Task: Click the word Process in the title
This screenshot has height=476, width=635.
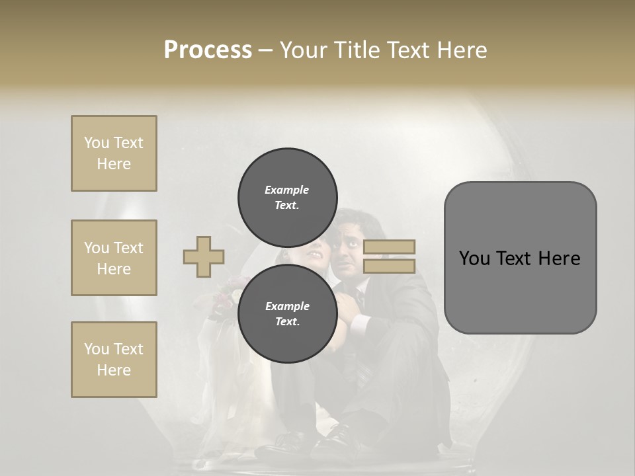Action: [208, 50]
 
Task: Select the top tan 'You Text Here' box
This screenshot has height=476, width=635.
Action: [114, 153]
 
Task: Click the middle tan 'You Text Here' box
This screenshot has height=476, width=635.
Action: [114, 258]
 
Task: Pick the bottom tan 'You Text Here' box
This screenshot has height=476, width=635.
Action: [114, 360]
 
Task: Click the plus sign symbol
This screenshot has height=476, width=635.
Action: [204, 257]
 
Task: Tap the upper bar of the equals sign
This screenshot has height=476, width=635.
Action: [389, 247]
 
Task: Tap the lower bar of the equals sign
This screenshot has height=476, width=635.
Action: [389, 266]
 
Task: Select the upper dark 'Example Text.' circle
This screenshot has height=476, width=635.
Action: [288, 197]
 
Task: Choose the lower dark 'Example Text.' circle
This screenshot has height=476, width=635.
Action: [288, 313]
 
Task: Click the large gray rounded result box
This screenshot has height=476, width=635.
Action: [520, 258]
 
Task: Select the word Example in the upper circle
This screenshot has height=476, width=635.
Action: [287, 190]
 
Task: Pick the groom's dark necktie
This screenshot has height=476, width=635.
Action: [358, 297]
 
